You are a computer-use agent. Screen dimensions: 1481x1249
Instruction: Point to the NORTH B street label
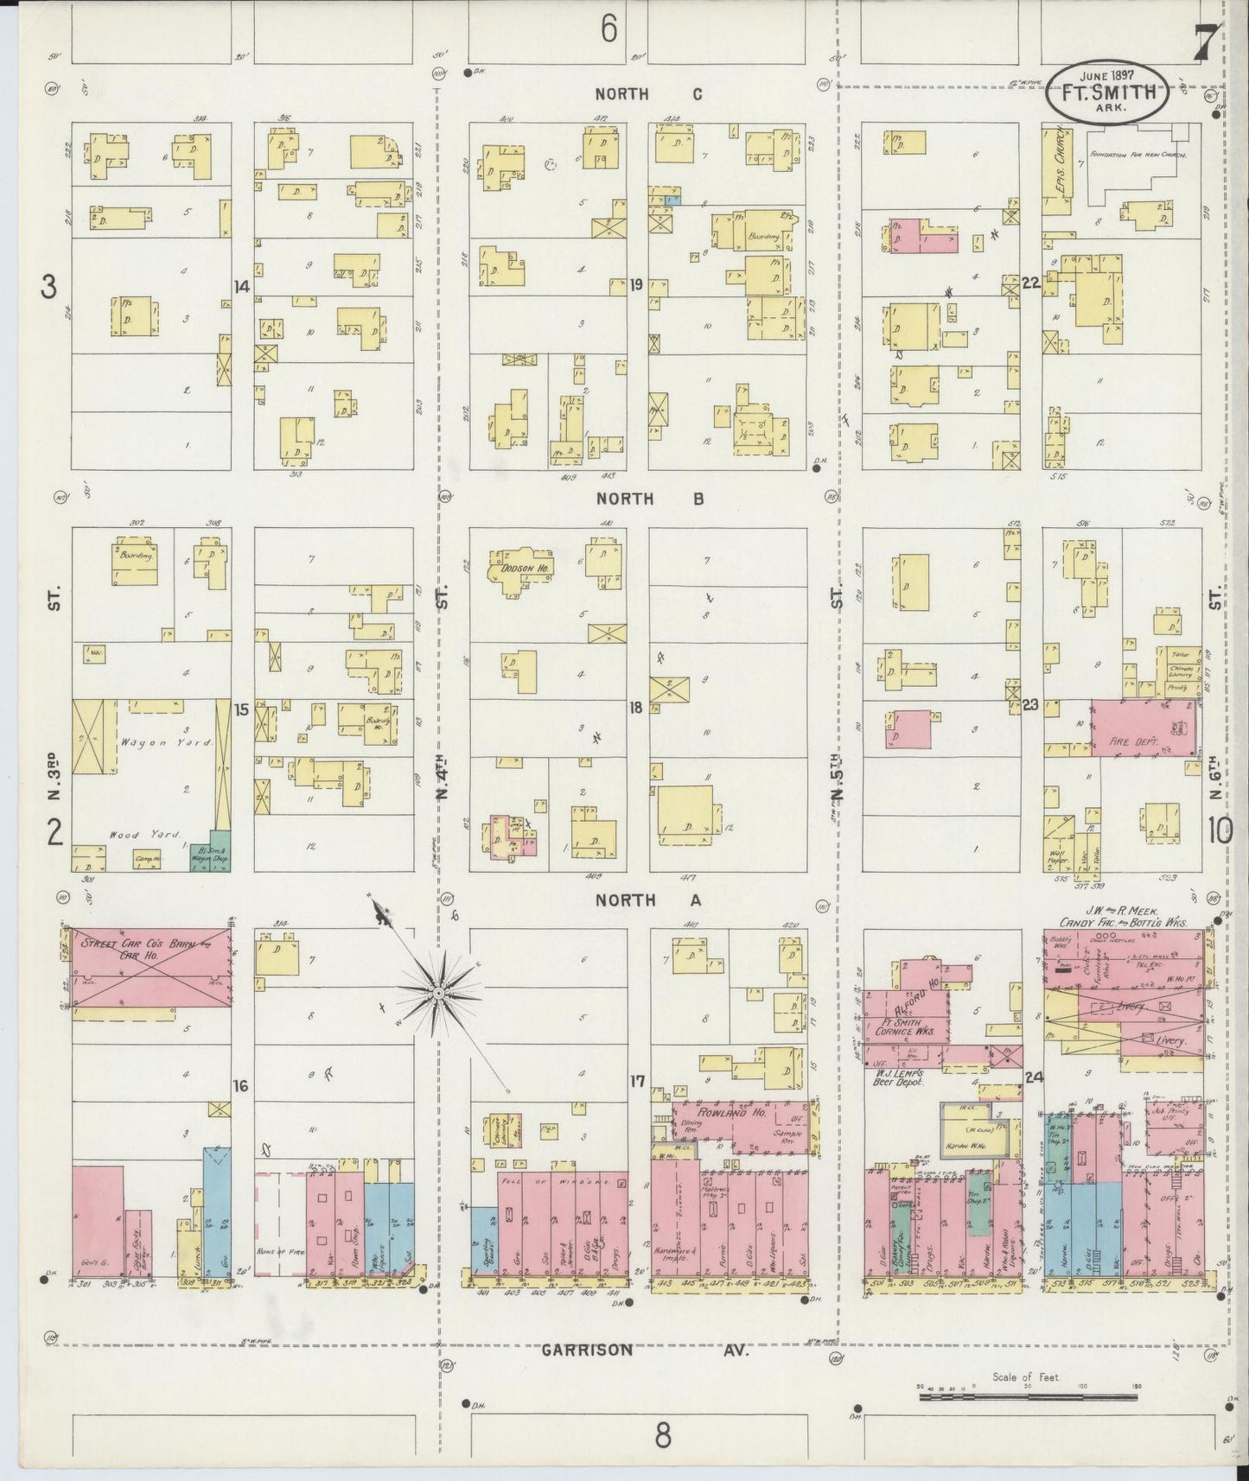click(650, 499)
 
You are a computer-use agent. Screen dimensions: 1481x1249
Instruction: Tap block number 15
click(241, 709)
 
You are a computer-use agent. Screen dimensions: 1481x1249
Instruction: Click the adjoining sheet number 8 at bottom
click(662, 1434)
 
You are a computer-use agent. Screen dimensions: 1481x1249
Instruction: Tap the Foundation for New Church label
click(1137, 155)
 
